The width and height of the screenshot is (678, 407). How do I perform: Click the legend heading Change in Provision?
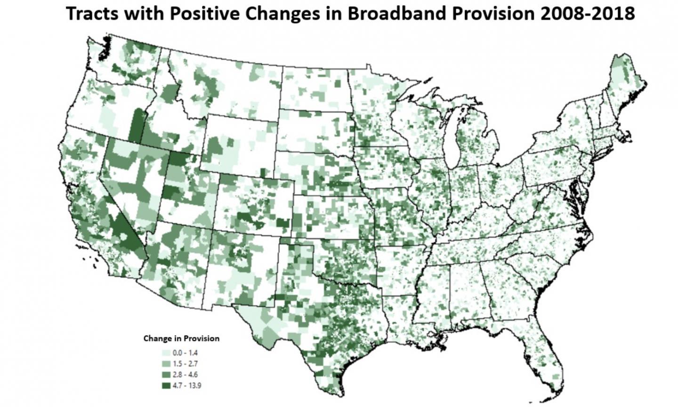click(181, 338)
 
